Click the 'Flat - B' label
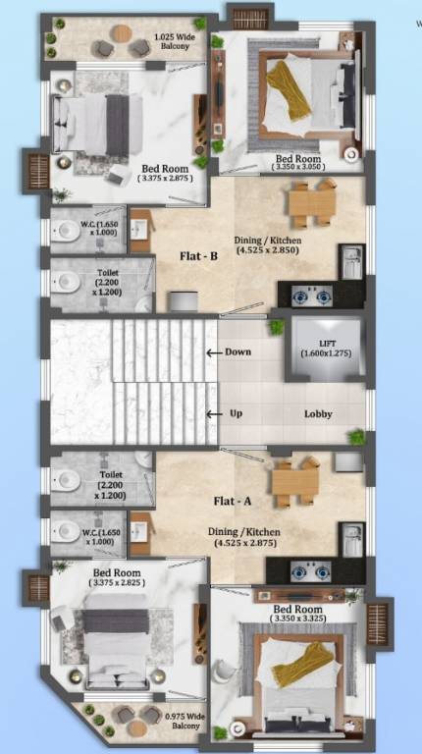pyautogui.click(x=197, y=258)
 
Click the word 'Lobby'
pyautogui.click(x=319, y=414)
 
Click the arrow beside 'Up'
pyautogui.click(x=212, y=414)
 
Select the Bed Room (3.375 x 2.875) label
pyautogui.click(x=167, y=173)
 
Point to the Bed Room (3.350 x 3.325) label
pyautogui.click(x=297, y=615)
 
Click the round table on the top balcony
pyautogui.click(x=120, y=33)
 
